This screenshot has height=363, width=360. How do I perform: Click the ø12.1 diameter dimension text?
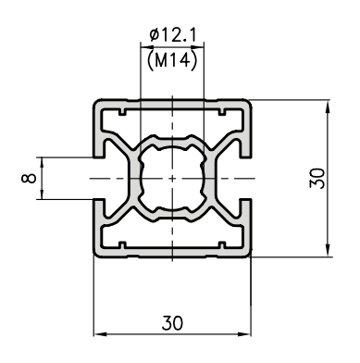172,34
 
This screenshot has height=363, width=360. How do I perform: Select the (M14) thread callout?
172,60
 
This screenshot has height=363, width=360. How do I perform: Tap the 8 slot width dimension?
29,178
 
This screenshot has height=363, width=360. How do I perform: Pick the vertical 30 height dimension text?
317,178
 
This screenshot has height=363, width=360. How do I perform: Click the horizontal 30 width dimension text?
172,323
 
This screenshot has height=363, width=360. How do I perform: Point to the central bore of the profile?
172,178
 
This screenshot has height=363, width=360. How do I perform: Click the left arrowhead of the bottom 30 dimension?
100,334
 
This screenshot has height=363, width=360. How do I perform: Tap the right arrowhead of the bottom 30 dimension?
245,334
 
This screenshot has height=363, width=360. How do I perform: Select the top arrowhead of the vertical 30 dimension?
328,106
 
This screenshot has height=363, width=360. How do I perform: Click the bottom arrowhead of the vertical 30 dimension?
328,250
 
